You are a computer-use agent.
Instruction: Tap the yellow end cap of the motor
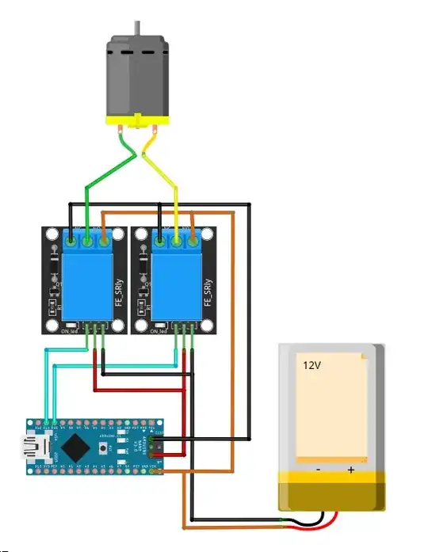pos(139,122)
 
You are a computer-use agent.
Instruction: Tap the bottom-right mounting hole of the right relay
pos(208,325)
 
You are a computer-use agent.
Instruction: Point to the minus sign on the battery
pos(318,470)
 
